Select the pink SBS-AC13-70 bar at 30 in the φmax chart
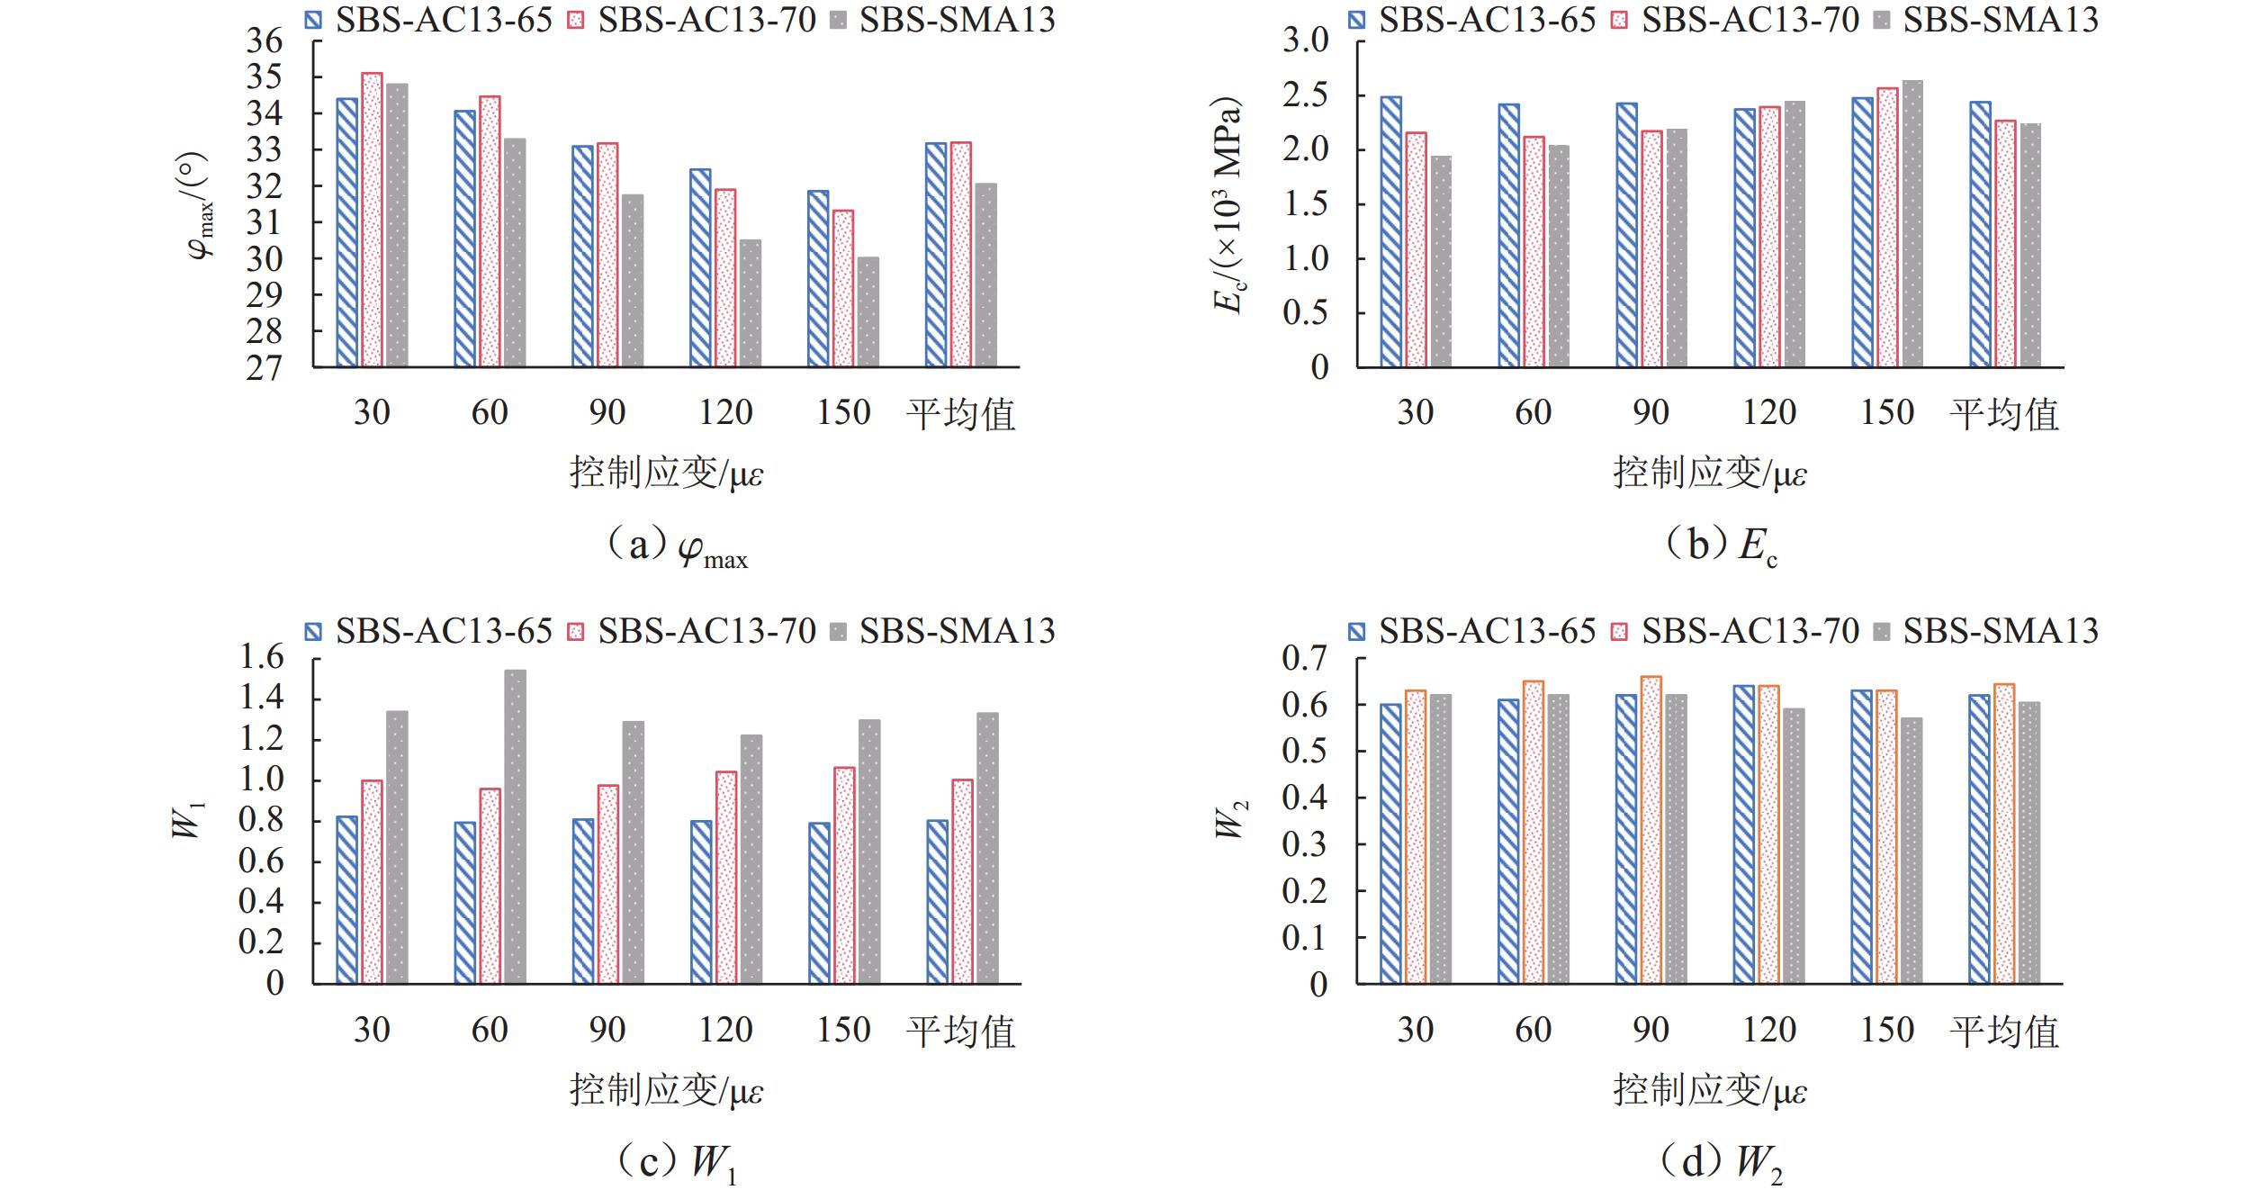pos(372,221)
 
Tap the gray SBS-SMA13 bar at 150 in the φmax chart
pos(868,312)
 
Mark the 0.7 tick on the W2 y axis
pos(1305,658)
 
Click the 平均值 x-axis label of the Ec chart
pos(2003,414)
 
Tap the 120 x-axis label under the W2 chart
pos(1768,1030)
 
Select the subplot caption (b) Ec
pos(1720,545)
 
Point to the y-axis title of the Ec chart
pos(1228,205)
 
